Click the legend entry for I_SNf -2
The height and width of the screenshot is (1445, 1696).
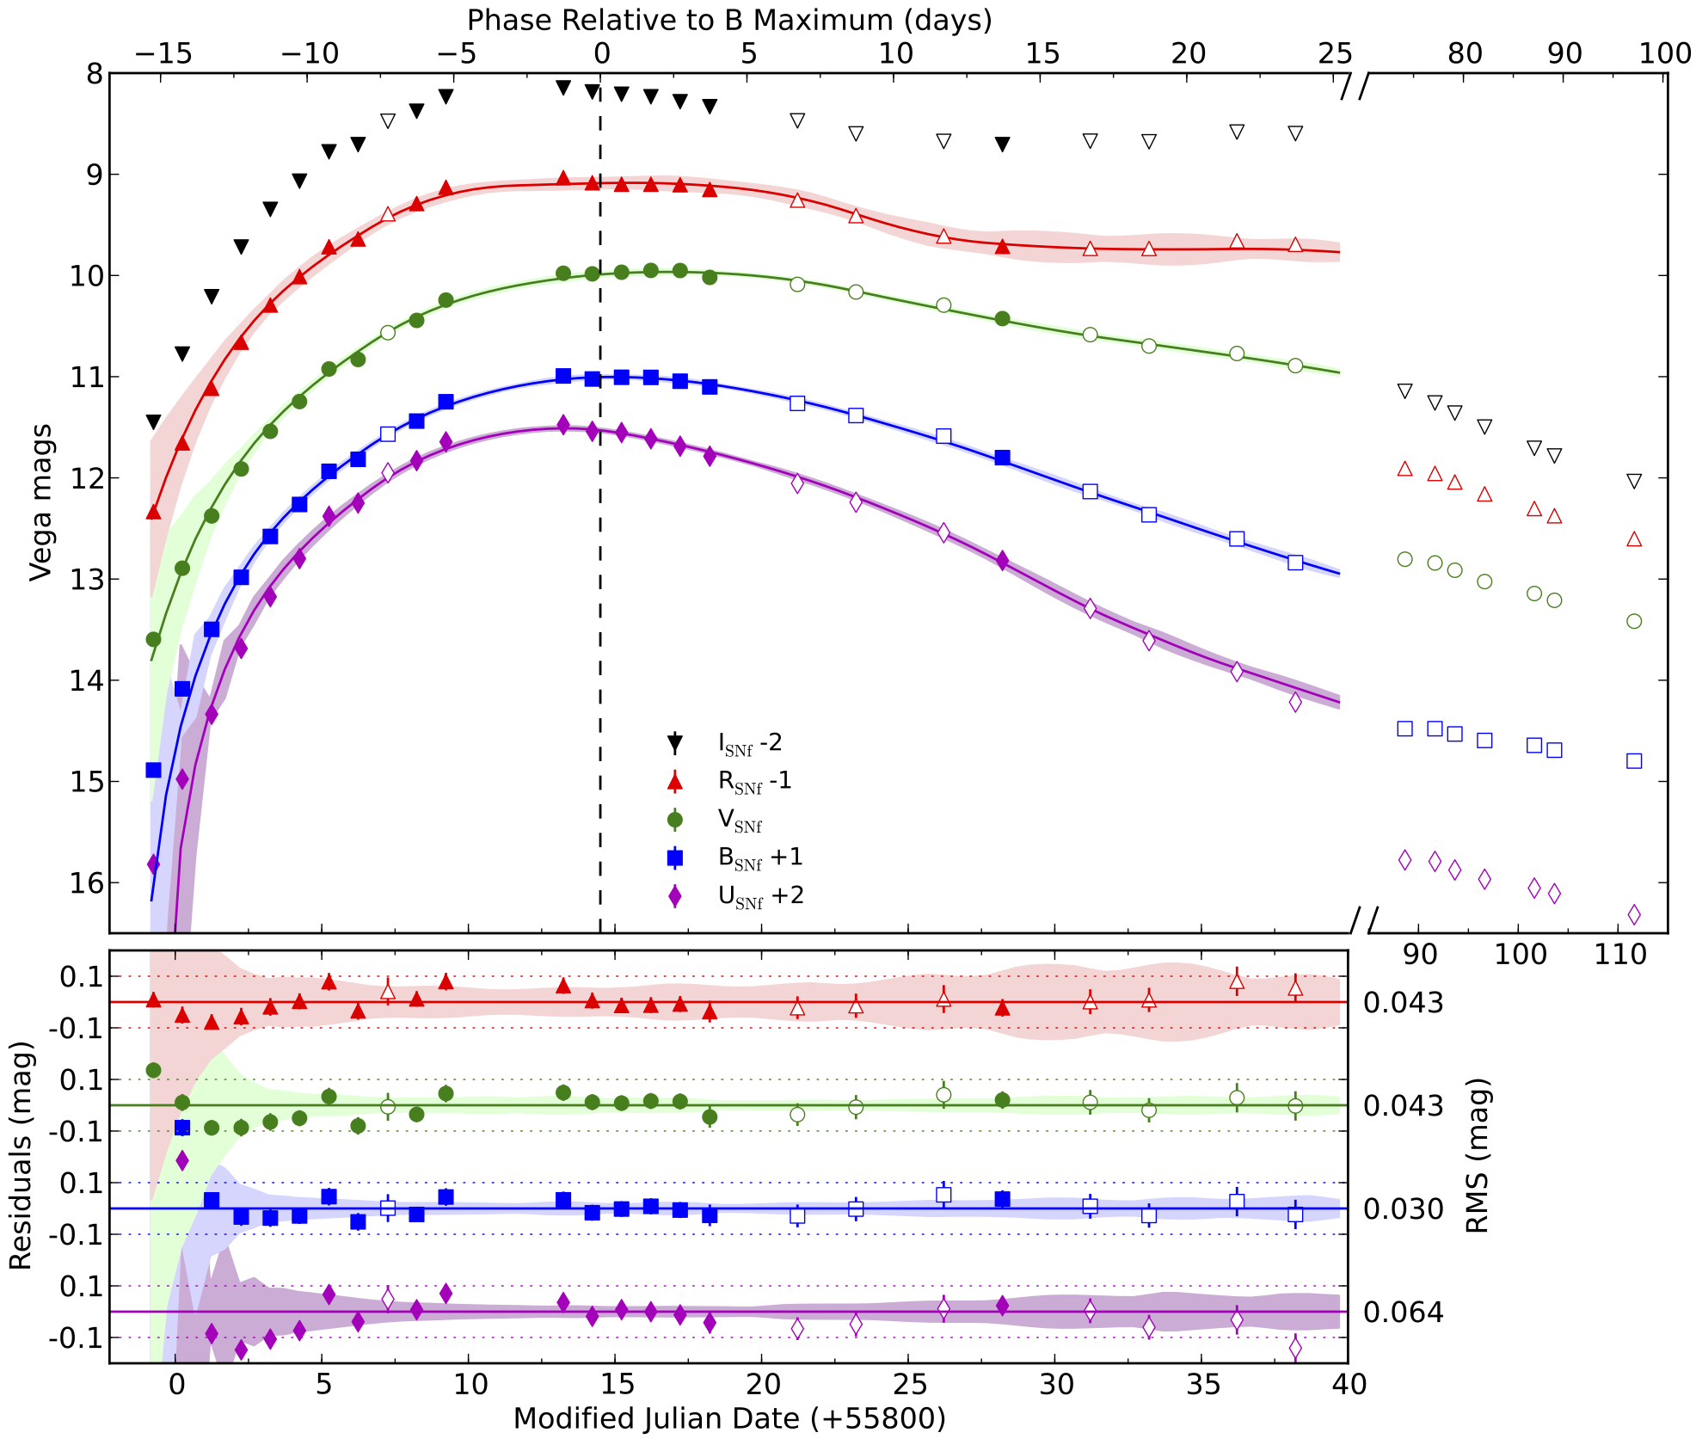[x=750, y=743]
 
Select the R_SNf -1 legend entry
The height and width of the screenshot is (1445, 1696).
[x=754, y=782]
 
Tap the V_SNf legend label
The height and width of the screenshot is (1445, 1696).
[x=740, y=821]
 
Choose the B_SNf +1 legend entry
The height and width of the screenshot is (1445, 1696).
[x=760, y=858]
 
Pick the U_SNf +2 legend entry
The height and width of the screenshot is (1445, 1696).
[x=760, y=897]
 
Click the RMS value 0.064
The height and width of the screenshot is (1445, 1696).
[x=1403, y=1313]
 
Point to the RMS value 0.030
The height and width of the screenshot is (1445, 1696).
[x=1403, y=1209]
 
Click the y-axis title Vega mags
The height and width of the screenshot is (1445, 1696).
[x=40, y=503]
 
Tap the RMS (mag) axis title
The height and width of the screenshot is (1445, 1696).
[x=1477, y=1156]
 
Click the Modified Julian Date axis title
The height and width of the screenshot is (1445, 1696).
[x=729, y=1418]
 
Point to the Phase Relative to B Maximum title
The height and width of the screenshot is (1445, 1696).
[x=729, y=19]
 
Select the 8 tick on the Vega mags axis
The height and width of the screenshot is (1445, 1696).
[x=94, y=74]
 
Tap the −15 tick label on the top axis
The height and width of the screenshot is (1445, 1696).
[x=163, y=53]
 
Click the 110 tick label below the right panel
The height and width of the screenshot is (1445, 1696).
[x=1620, y=955]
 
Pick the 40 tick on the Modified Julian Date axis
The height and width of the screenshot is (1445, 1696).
[x=1348, y=1385]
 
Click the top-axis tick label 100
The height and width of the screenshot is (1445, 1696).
[x=1665, y=53]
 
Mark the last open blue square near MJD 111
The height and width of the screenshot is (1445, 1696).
[x=1634, y=761]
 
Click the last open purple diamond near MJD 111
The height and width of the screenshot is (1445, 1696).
[x=1634, y=914]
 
